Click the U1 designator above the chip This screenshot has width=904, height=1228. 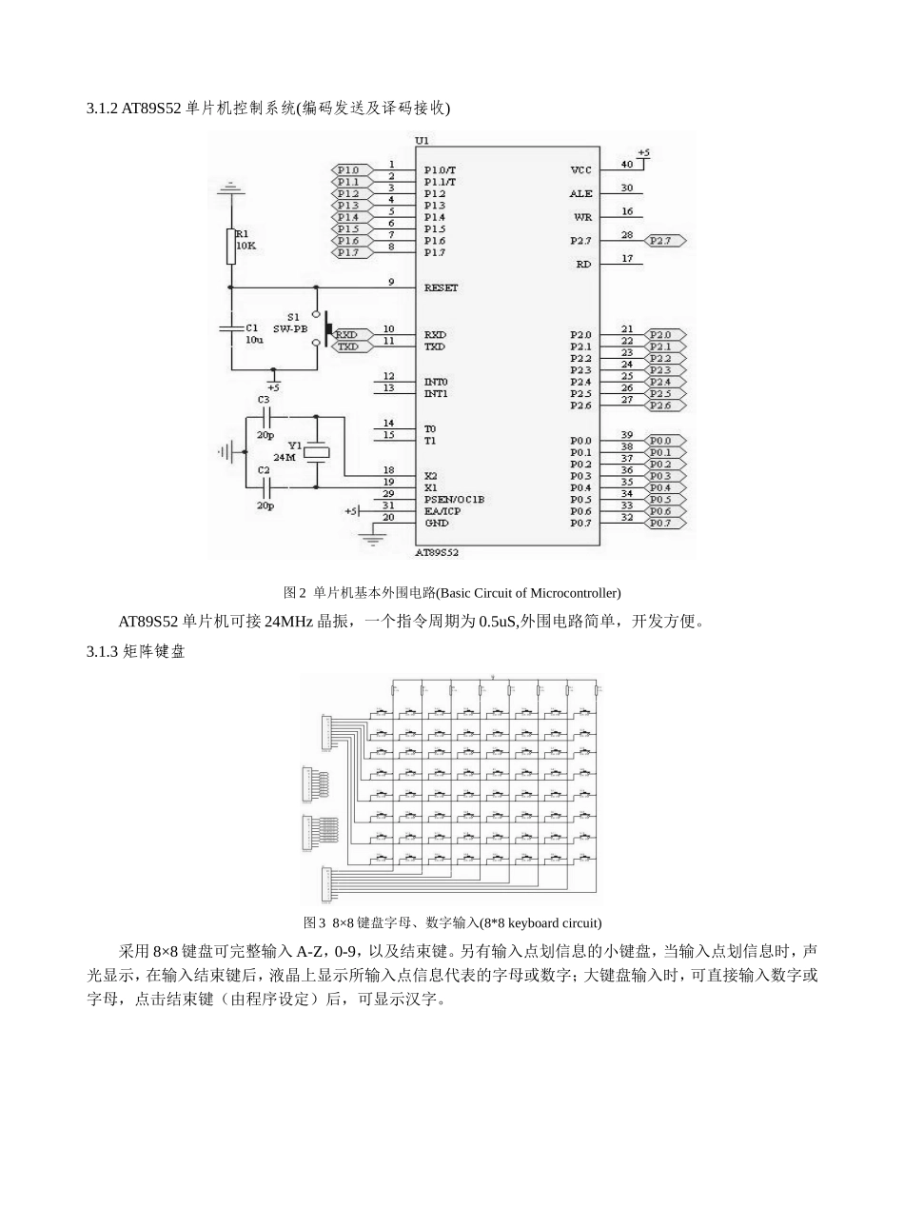[x=423, y=141]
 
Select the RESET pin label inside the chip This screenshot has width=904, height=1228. [x=441, y=287]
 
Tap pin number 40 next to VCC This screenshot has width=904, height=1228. [x=627, y=164]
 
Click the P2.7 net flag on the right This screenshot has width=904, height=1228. [x=663, y=241]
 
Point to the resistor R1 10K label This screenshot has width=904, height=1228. [x=246, y=239]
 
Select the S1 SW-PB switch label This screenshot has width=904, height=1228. [x=291, y=323]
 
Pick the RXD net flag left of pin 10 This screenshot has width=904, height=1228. [x=346, y=335]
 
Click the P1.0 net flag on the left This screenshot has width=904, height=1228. [x=347, y=169]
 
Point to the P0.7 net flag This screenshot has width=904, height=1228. [x=663, y=523]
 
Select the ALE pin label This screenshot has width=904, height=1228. [x=580, y=193]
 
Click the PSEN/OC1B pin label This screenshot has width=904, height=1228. [x=454, y=499]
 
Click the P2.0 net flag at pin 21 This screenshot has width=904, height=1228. [x=663, y=335]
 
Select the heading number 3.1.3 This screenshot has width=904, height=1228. [x=102, y=651]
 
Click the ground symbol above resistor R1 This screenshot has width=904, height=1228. [x=229, y=189]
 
